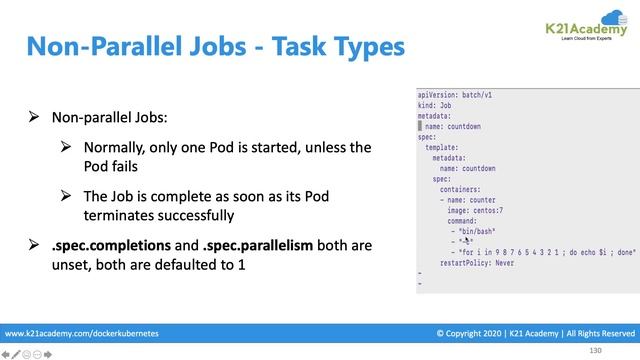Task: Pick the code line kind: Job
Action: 438,104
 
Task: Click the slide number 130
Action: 596,351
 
